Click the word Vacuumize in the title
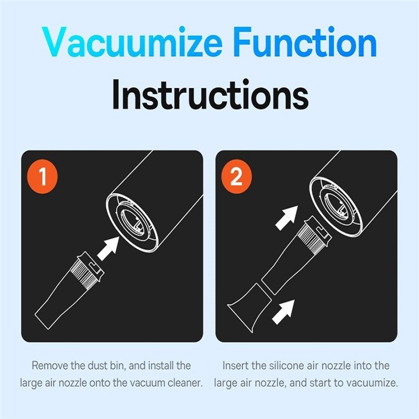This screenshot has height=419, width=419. tap(132, 42)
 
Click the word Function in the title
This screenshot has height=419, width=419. tap(305, 42)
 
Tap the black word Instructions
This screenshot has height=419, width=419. tap(211, 95)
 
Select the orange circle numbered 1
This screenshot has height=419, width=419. tap(42, 177)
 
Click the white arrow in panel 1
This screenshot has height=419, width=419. tap(108, 248)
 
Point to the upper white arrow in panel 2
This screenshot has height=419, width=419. tap(286, 218)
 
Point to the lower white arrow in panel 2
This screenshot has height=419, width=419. tap(283, 312)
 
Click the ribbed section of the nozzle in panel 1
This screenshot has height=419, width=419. tap(83, 274)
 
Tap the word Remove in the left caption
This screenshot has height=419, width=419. tap(50, 365)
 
